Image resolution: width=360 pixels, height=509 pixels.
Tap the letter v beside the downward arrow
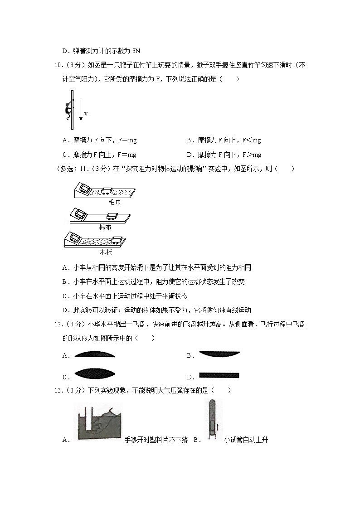click(86, 114)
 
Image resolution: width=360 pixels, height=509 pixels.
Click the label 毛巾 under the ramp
click(114, 202)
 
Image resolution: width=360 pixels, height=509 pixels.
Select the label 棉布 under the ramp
click(105, 227)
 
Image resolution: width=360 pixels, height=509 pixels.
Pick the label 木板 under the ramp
click(106, 252)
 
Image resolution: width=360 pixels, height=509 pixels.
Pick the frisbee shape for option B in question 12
click(219, 355)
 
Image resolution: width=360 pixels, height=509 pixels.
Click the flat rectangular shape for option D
click(219, 375)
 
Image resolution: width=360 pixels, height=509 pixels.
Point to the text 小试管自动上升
click(245, 440)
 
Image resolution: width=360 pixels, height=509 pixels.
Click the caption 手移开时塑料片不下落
click(156, 440)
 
